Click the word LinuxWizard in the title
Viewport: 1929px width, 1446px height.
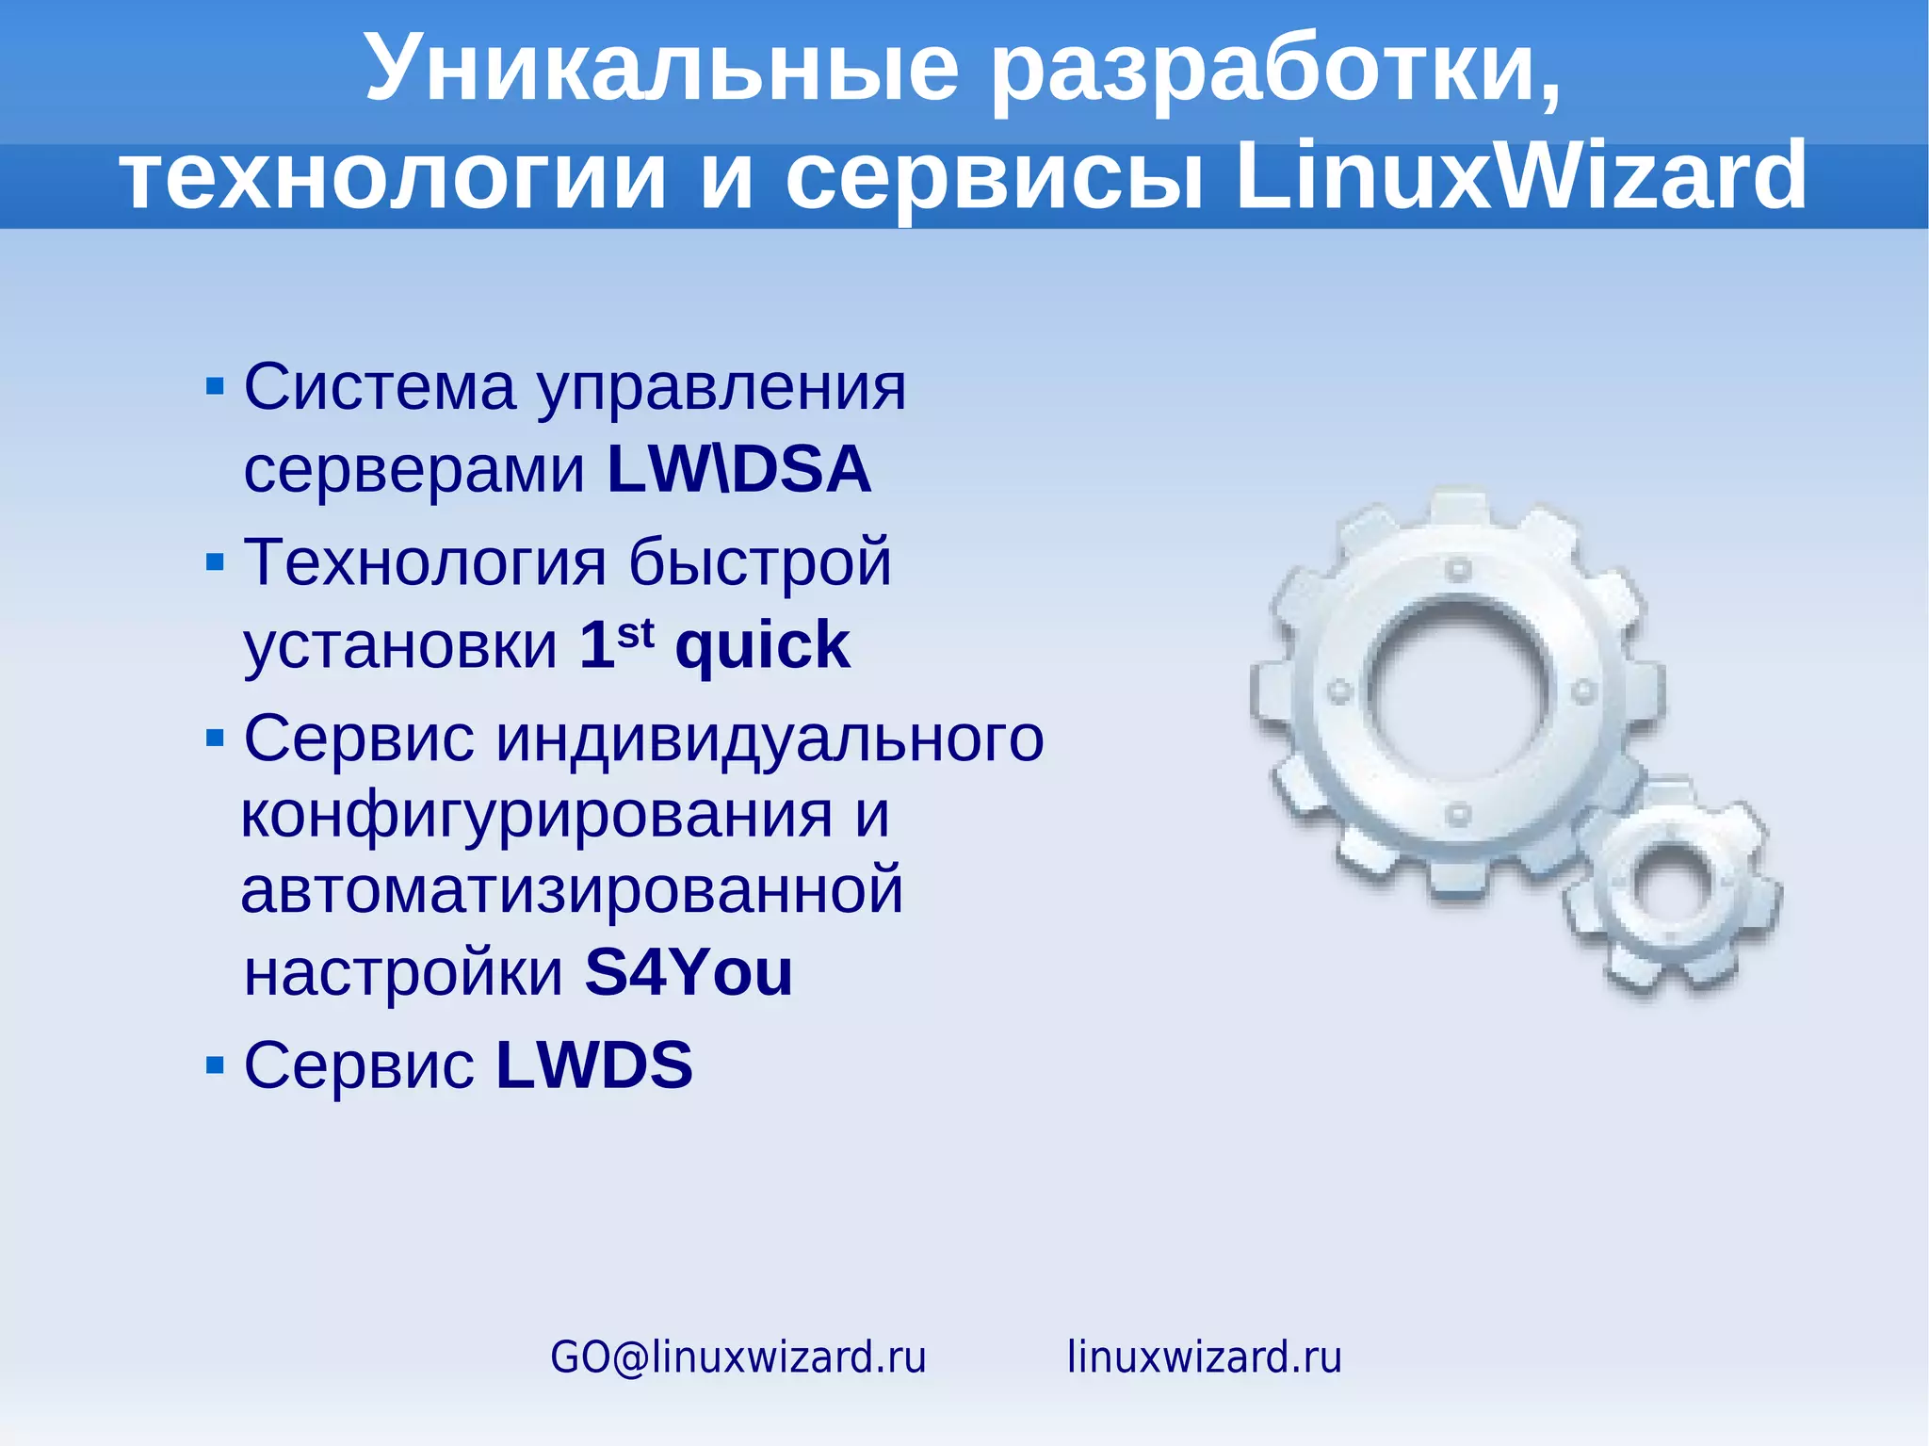point(1520,176)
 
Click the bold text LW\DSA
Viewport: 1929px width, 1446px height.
point(739,469)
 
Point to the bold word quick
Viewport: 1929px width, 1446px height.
point(762,646)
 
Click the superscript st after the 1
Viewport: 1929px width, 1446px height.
point(636,632)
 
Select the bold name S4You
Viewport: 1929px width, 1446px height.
point(689,972)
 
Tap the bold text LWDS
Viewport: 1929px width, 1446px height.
point(594,1065)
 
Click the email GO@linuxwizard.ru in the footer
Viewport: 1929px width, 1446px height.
point(738,1357)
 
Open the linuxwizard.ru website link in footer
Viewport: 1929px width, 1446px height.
point(1204,1357)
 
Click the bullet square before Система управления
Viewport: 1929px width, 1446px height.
point(215,386)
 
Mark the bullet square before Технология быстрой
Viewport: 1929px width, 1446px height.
point(215,562)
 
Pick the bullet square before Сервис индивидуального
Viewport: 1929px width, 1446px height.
point(215,738)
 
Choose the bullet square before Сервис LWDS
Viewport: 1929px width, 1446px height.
point(215,1065)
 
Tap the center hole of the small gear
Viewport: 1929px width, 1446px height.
point(1670,886)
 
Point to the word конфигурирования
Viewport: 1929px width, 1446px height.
point(537,816)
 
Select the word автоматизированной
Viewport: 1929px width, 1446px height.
point(572,891)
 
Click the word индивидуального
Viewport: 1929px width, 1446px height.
point(770,738)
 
